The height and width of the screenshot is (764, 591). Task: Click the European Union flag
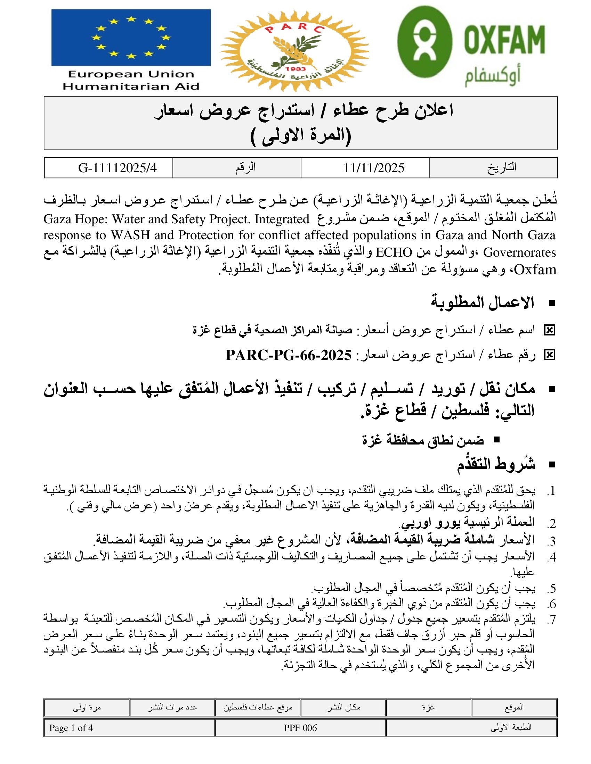coord(131,38)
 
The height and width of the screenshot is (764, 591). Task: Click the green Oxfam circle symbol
coord(425,42)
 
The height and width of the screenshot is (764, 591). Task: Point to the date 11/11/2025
coord(374,168)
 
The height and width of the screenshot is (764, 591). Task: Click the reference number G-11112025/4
coord(117,168)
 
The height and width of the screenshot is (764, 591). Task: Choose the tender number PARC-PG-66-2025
coord(289,355)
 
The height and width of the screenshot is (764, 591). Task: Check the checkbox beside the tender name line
coord(549,330)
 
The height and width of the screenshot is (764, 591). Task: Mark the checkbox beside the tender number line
coord(549,355)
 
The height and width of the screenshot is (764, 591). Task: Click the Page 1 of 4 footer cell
coord(71,728)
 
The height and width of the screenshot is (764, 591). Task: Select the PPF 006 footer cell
coord(300,728)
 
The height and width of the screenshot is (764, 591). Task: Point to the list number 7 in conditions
coord(551,620)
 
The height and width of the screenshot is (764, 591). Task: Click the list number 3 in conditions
coord(551,541)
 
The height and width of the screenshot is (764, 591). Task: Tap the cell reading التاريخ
coord(502,168)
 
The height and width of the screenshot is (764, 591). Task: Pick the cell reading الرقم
coord(245,168)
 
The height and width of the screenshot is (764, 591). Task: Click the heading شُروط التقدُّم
coord(496,465)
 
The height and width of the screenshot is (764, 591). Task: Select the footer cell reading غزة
coord(428,707)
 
